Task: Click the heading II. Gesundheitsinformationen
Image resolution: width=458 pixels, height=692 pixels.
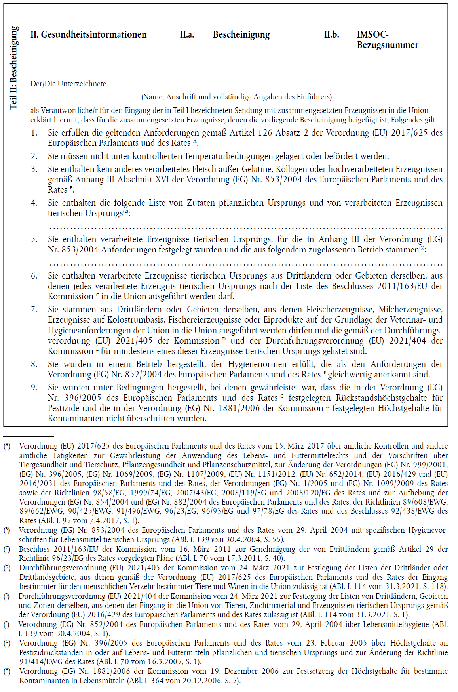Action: tap(88, 35)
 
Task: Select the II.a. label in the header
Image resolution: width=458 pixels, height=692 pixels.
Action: tap(187, 35)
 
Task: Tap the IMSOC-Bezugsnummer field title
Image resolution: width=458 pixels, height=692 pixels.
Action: tap(387, 40)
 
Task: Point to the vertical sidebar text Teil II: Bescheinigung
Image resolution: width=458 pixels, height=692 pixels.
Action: tap(14, 67)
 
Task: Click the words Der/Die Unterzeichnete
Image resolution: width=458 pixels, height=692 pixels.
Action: tap(68, 84)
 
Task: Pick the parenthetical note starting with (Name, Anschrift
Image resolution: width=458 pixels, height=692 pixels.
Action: tap(236, 97)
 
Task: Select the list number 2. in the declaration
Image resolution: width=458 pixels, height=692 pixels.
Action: tap(34, 156)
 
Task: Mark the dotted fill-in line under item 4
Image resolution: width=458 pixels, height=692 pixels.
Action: tap(245, 227)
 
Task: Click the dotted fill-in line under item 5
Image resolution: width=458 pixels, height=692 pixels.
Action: tap(245, 264)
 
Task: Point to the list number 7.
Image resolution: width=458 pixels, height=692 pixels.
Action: tap(34, 310)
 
